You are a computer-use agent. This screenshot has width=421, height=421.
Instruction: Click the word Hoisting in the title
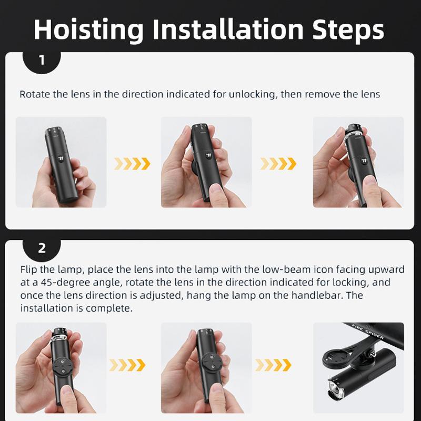tap(88, 29)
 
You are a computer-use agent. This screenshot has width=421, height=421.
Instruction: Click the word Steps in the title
tap(348, 29)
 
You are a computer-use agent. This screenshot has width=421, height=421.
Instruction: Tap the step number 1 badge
tap(42, 61)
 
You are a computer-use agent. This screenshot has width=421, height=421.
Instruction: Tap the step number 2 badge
tap(42, 249)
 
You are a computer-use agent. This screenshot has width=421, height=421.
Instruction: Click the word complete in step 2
tap(109, 308)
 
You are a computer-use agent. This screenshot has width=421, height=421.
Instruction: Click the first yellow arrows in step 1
tap(132, 164)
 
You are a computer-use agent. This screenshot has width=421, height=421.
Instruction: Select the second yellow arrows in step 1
tap(278, 164)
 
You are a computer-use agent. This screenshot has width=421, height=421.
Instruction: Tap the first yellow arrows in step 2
tap(127, 365)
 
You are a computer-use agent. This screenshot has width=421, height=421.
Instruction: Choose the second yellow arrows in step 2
tap(273, 365)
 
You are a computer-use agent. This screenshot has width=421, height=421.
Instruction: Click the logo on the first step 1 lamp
tap(61, 158)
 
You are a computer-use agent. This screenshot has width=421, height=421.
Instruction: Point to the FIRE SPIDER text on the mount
tap(367, 333)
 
